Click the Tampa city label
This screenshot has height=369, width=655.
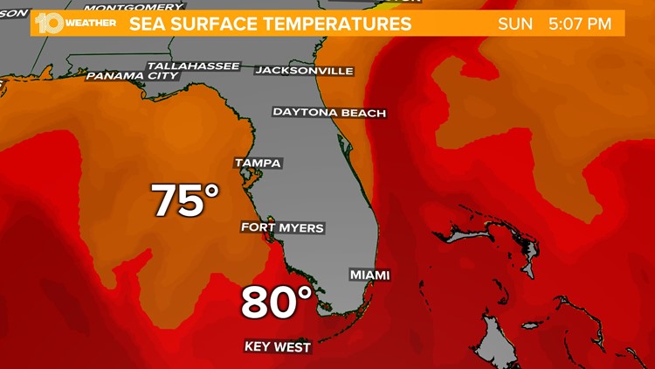pyautogui.click(x=258, y=163)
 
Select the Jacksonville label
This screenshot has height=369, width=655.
pyautogui.click(x=304, y=70)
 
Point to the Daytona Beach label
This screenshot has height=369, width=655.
pyautogui.click(x=329, y=112)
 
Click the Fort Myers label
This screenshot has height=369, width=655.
pyautogui.click(x=282, y=228)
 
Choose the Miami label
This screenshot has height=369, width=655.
pyautogui.click(x=369, y=275)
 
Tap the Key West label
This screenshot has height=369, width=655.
pyautogui.click(x=277, y=347)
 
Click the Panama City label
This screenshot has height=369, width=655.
pyautogui.click(x=132, y=76)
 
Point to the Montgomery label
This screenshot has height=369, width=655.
pyautogui.click(x=148, y=7)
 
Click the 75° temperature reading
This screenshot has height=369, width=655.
pyautogui.click(x=186, y=200)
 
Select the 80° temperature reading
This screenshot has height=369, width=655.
pyautogui.click(x=277, y=303)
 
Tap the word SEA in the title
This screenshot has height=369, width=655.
pyautogui.click(x=148, y=24)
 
